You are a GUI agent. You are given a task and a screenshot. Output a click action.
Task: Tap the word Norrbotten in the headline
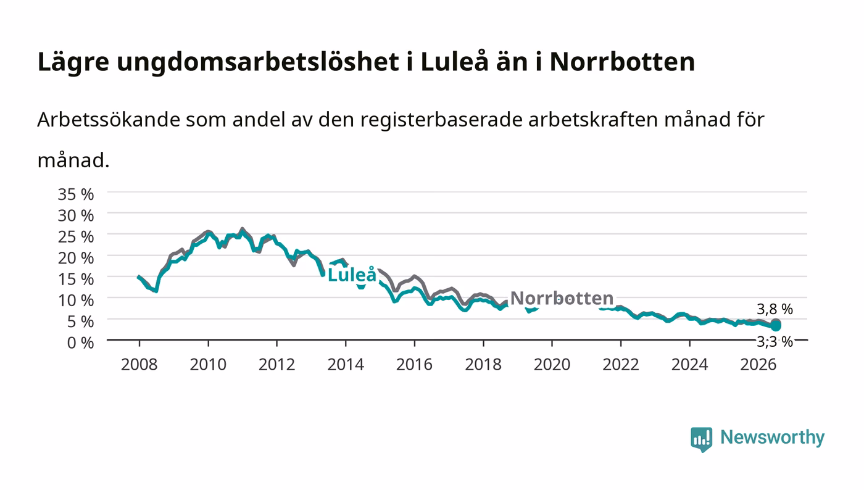[x=622, y=62]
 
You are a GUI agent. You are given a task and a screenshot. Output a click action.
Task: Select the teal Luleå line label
[x=352, y=275]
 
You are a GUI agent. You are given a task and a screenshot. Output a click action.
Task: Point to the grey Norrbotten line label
[x=562, y=298]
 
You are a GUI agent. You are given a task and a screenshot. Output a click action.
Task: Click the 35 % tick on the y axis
[x=75, y=194]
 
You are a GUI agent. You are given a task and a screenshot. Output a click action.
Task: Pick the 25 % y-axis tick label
[x=75, y=236]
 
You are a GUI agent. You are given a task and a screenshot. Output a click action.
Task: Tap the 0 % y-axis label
[x=80, y=343]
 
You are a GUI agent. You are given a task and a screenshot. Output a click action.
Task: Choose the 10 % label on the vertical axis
[x=75, y=300]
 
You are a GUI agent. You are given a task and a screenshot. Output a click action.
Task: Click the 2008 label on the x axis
[x=139, y=364]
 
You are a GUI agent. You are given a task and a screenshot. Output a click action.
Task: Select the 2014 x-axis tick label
[x=346, y=364]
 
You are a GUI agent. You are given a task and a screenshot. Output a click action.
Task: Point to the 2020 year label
[x=552, y=364]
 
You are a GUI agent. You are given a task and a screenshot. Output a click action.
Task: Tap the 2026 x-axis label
[x=758, y=364]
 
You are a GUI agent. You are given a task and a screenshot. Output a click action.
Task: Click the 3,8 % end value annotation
[x=775, y=309]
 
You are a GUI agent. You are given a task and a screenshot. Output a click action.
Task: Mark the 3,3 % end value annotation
[x=775, y=341]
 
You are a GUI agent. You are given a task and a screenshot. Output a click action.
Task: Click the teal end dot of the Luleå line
[x=776, y=326]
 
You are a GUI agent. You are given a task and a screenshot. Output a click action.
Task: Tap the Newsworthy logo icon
[x=701, y=439]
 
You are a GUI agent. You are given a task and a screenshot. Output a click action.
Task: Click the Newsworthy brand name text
[x=772, y=437]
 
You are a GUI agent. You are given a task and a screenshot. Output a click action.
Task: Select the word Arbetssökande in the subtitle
[x=109, y=120]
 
